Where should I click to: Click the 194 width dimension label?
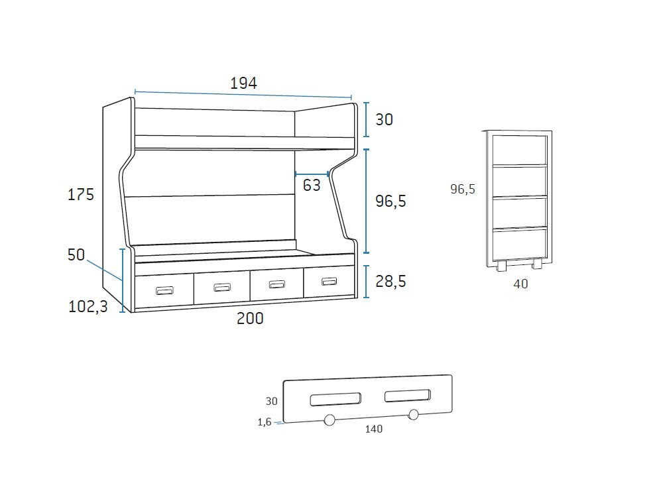(243, 83)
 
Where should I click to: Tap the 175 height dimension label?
(81, 194)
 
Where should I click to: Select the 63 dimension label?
(312, 185)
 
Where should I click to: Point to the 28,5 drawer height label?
(391, 281)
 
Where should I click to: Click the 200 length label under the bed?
(250, 318)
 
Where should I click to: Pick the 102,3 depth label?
(88, 306)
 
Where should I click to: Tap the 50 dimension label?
(77, 254)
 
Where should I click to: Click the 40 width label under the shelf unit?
(520, 284)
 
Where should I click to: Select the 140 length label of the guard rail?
(373, 429)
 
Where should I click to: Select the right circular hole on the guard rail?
(414, 415)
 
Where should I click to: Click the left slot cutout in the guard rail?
(335, 399)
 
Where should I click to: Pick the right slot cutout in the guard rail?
(408, 396)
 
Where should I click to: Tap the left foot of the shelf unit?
(501, 266)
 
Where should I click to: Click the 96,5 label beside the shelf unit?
(463, 190)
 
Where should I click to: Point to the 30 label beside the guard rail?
(271, 401)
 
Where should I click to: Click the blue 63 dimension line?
(312, 174)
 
